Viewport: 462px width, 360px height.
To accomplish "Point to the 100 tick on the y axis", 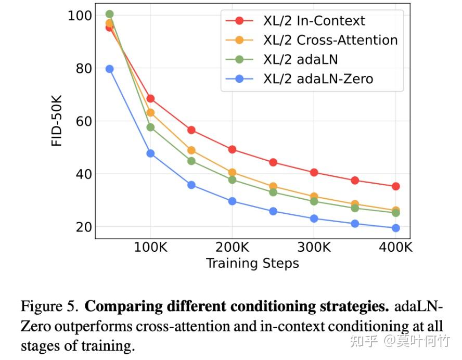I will (x=79, y=16).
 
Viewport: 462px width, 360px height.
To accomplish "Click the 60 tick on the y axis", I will (x=83, y=121).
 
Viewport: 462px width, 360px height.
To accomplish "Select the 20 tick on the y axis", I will (x=83, y=227).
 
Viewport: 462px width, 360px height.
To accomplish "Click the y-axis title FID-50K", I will (x=57, y=121).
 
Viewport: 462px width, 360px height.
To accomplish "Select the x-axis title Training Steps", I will (x=252, y=263).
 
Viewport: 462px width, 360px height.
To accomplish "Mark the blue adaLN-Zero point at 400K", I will (x=395, y=228).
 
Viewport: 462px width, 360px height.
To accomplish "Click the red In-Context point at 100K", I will (x=150, y=98).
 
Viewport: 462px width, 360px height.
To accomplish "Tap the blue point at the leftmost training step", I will (x=109, y=69).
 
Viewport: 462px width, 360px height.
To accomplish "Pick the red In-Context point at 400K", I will (x=395, y=186).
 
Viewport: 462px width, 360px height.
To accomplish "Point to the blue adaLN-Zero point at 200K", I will (x=232, y=201).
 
